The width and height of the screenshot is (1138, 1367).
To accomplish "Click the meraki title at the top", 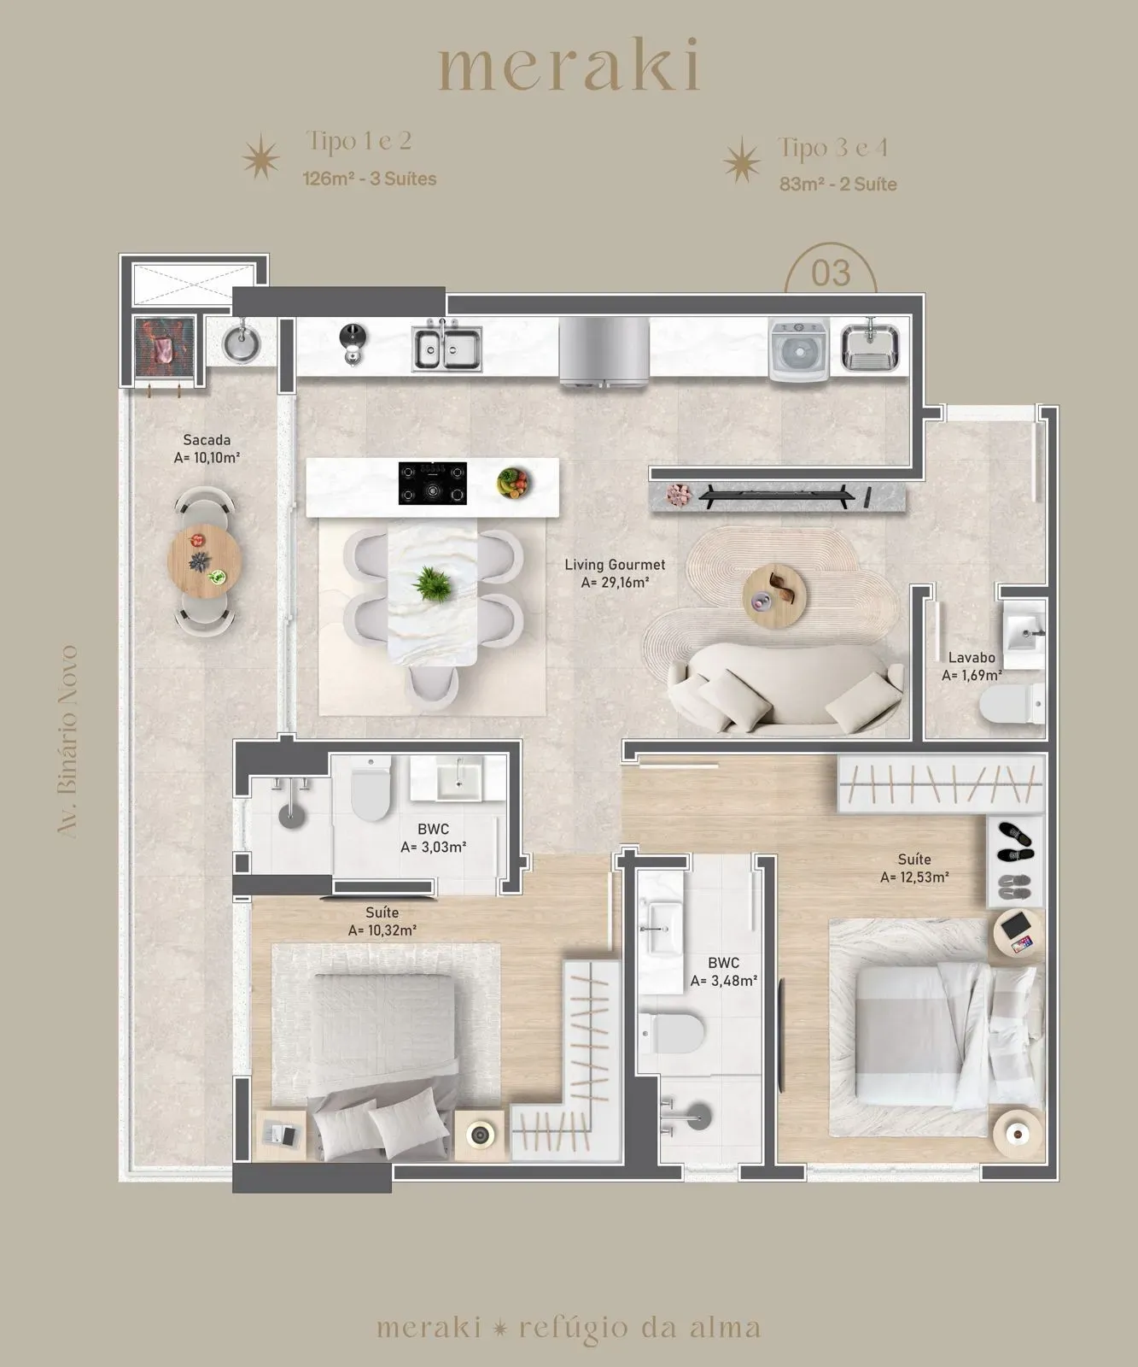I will click(x=569, y=67).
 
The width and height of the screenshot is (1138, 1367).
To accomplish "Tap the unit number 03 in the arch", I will click(x=830, y=273).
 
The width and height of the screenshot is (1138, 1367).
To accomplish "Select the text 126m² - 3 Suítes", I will click(x=370, y=179).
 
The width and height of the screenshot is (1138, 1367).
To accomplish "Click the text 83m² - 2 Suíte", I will click(x=837, y=184).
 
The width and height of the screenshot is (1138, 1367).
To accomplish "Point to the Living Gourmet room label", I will click(x=614, y=573).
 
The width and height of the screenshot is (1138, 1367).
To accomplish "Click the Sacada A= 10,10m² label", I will click(x=207, y=449).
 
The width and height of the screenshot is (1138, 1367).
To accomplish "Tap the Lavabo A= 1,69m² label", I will click(x=972, y=666).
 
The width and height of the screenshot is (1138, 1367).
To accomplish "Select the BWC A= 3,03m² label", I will click(x=433, y=838).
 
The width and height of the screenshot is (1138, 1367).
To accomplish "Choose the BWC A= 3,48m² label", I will click(x=723, y=972).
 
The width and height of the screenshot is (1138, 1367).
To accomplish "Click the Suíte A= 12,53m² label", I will click(x=914, y=868).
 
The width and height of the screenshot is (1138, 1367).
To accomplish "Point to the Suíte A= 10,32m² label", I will click(x=382, y=922).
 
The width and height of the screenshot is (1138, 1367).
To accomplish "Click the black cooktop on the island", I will click(x=433, y=483).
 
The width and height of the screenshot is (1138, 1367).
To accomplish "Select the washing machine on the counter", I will click(x=799, y=349).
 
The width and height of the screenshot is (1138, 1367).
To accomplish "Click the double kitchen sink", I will click(x=447, y=347).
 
